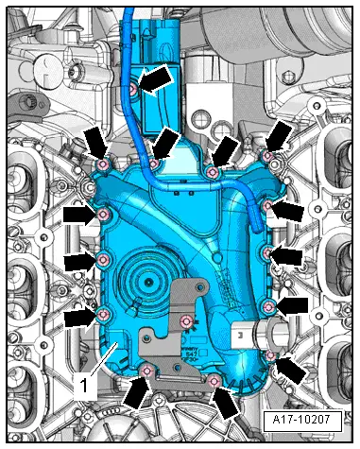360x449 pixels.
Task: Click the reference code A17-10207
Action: (x=301, y=420)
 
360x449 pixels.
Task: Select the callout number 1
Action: (x=84, y=385)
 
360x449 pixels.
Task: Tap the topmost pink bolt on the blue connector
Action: (x=134, y=90)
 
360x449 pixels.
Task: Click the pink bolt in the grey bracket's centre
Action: (x=187, y=321)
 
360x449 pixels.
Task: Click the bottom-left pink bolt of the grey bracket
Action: (x=146, y=371)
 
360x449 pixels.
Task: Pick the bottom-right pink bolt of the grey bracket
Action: (x=214, y=382)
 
